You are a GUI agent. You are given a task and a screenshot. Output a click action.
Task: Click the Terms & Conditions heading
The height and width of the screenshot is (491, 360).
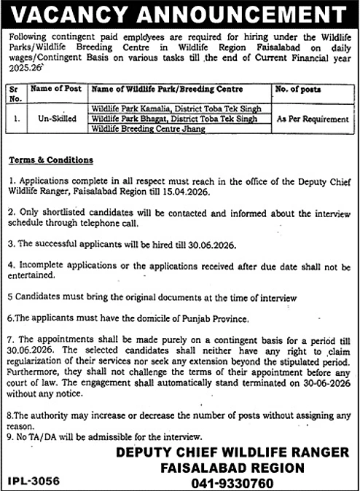(51, 160)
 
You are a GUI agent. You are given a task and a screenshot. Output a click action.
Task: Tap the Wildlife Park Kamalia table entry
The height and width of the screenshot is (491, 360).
(174, 107)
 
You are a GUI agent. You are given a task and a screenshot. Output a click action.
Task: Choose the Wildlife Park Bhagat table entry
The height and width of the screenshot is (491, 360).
(174, 117)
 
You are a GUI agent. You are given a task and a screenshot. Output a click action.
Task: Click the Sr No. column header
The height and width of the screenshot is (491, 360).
(15, 93)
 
